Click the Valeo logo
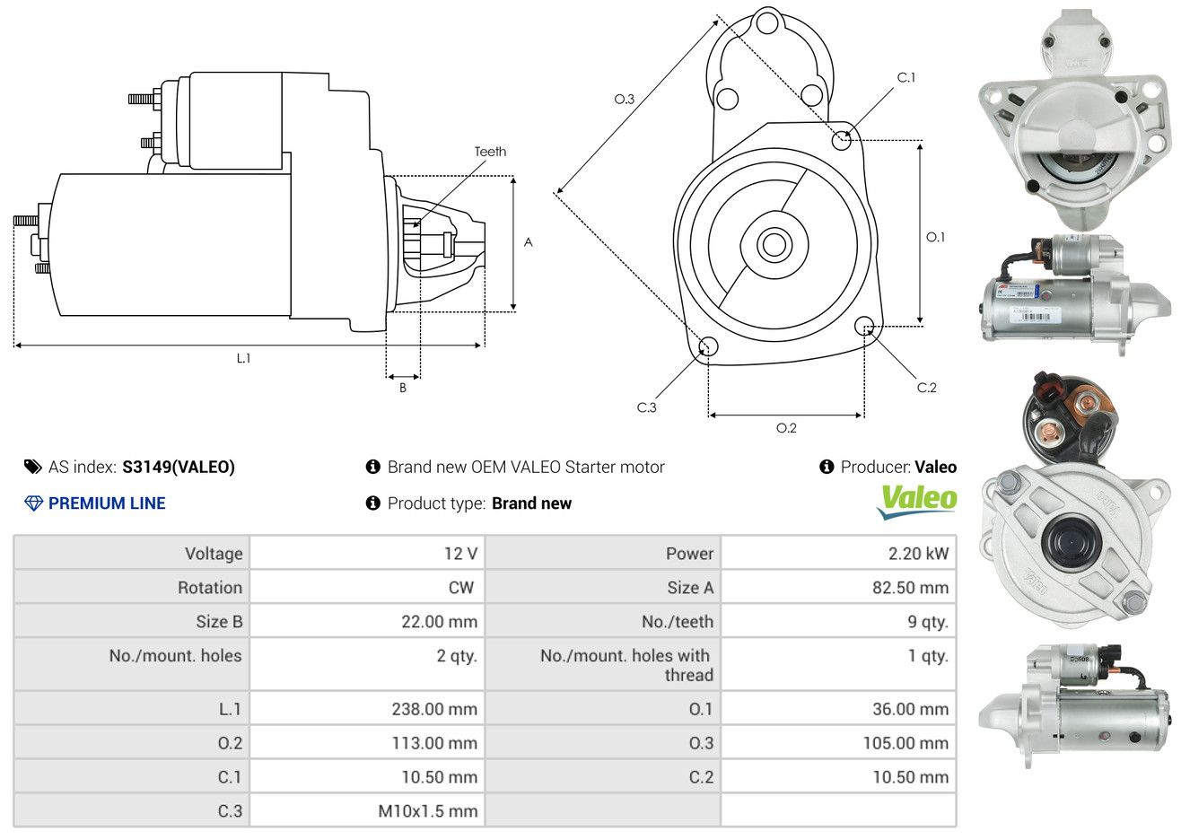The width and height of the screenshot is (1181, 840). point(917,501)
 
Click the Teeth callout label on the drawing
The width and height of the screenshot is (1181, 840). point(490,152)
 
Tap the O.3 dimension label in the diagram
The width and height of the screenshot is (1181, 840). point(625,99)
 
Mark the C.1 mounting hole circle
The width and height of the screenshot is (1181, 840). point(842,140)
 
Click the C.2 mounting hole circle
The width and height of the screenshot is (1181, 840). point(865,325)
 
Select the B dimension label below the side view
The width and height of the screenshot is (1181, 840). point(403,388)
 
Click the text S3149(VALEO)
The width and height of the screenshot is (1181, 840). point(179,467)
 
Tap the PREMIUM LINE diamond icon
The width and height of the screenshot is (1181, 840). point(33,503)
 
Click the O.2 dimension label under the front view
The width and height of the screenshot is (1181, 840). point(786,428)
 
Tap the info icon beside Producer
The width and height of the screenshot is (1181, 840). point(827,467)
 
